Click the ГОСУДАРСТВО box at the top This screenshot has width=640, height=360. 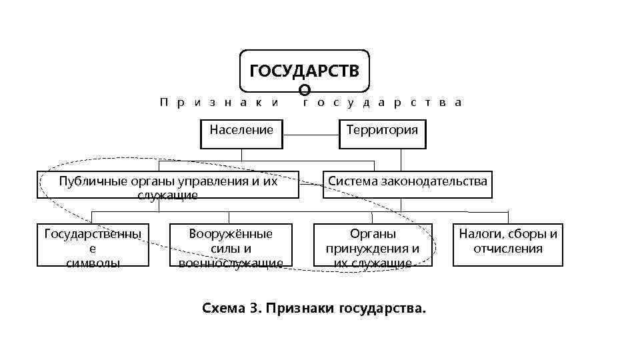coord(303,71)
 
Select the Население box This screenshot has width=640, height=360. coord(241,134)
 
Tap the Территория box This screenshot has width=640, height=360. coord(382,134)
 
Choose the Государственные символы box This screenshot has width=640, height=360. coord(92,245)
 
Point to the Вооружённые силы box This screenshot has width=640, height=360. coord(231,245)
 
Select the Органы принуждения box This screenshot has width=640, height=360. coord(373,245)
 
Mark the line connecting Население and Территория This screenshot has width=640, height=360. coord(311,134)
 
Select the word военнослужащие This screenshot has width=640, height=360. coord(231,263)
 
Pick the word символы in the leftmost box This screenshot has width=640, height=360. coord(93,263)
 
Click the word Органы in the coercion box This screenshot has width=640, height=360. coord(373,234)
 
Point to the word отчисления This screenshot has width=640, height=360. coord(508,249)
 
